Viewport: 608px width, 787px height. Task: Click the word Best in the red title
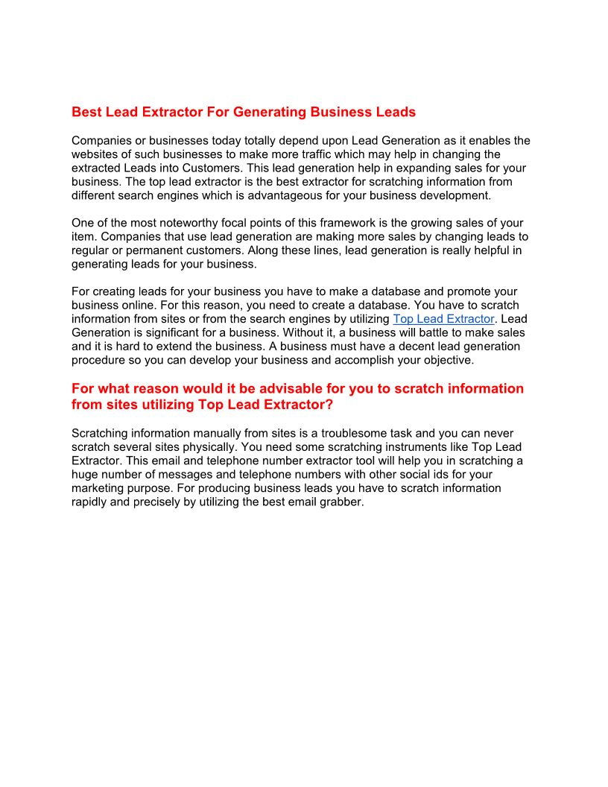click(x=86, y=112)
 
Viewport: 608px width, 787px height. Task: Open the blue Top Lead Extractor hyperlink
click(x=443, y=319)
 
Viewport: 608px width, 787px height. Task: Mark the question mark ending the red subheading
click(x=329, y=405)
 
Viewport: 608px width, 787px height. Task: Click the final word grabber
click(x=340, y=502)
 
